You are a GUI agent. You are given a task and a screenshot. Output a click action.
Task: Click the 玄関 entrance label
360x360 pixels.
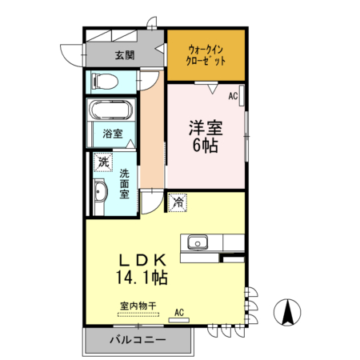pyautogui.click(x=124, y=55)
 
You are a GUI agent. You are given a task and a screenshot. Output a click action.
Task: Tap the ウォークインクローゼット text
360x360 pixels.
pyautogui.click(x=206, y=54)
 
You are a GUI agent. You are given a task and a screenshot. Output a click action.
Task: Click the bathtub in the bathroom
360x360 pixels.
pyautogui.click(x=111, y=111)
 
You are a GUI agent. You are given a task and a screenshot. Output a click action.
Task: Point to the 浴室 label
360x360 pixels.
pyautogui.click(x=113, y=134)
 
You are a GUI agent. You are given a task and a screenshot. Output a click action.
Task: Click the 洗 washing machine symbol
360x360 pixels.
pyautogui.click(x=103, y=162)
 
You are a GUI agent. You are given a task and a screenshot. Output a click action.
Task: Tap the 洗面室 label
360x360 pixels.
pyautogui.click(x=125, y=183)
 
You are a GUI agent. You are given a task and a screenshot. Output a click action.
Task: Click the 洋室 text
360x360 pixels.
pyautogui.click(x=206, y=127)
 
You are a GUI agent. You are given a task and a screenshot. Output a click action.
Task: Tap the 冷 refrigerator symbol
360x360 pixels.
pyautogui.click(x=178, y=203)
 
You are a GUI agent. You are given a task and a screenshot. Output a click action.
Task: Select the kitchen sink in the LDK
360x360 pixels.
pyautogui.click(x=197, y=242)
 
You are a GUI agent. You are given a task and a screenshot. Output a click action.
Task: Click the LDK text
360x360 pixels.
pyautogui.click(x=143, y=260)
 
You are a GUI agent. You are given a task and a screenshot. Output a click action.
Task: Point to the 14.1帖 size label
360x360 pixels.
pyautogui.click(x=143, y=278)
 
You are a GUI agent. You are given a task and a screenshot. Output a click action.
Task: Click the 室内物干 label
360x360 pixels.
pyautogui.click(x=138, y=304)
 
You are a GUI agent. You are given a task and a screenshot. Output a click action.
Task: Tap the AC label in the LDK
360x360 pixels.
pyautogui.click(x=179, y=311)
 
